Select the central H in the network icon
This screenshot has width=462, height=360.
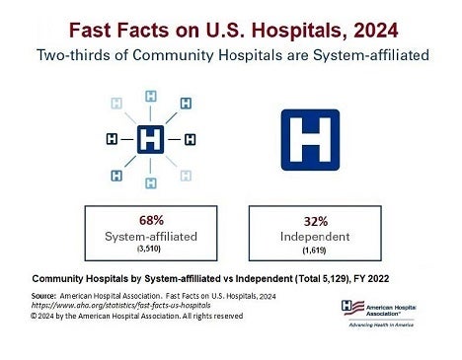(x=150, y=139)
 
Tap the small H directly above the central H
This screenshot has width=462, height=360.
(x=151, y=96)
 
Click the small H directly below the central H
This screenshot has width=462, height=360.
(x=150, y=182)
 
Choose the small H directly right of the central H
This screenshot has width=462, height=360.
(x=191, y=139)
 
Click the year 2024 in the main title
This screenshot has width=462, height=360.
(x=359, y=25)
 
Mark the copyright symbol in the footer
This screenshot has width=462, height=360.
(x=35, y=316)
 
